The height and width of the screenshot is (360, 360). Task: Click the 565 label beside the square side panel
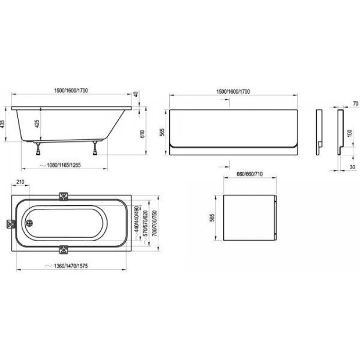(212, 218)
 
